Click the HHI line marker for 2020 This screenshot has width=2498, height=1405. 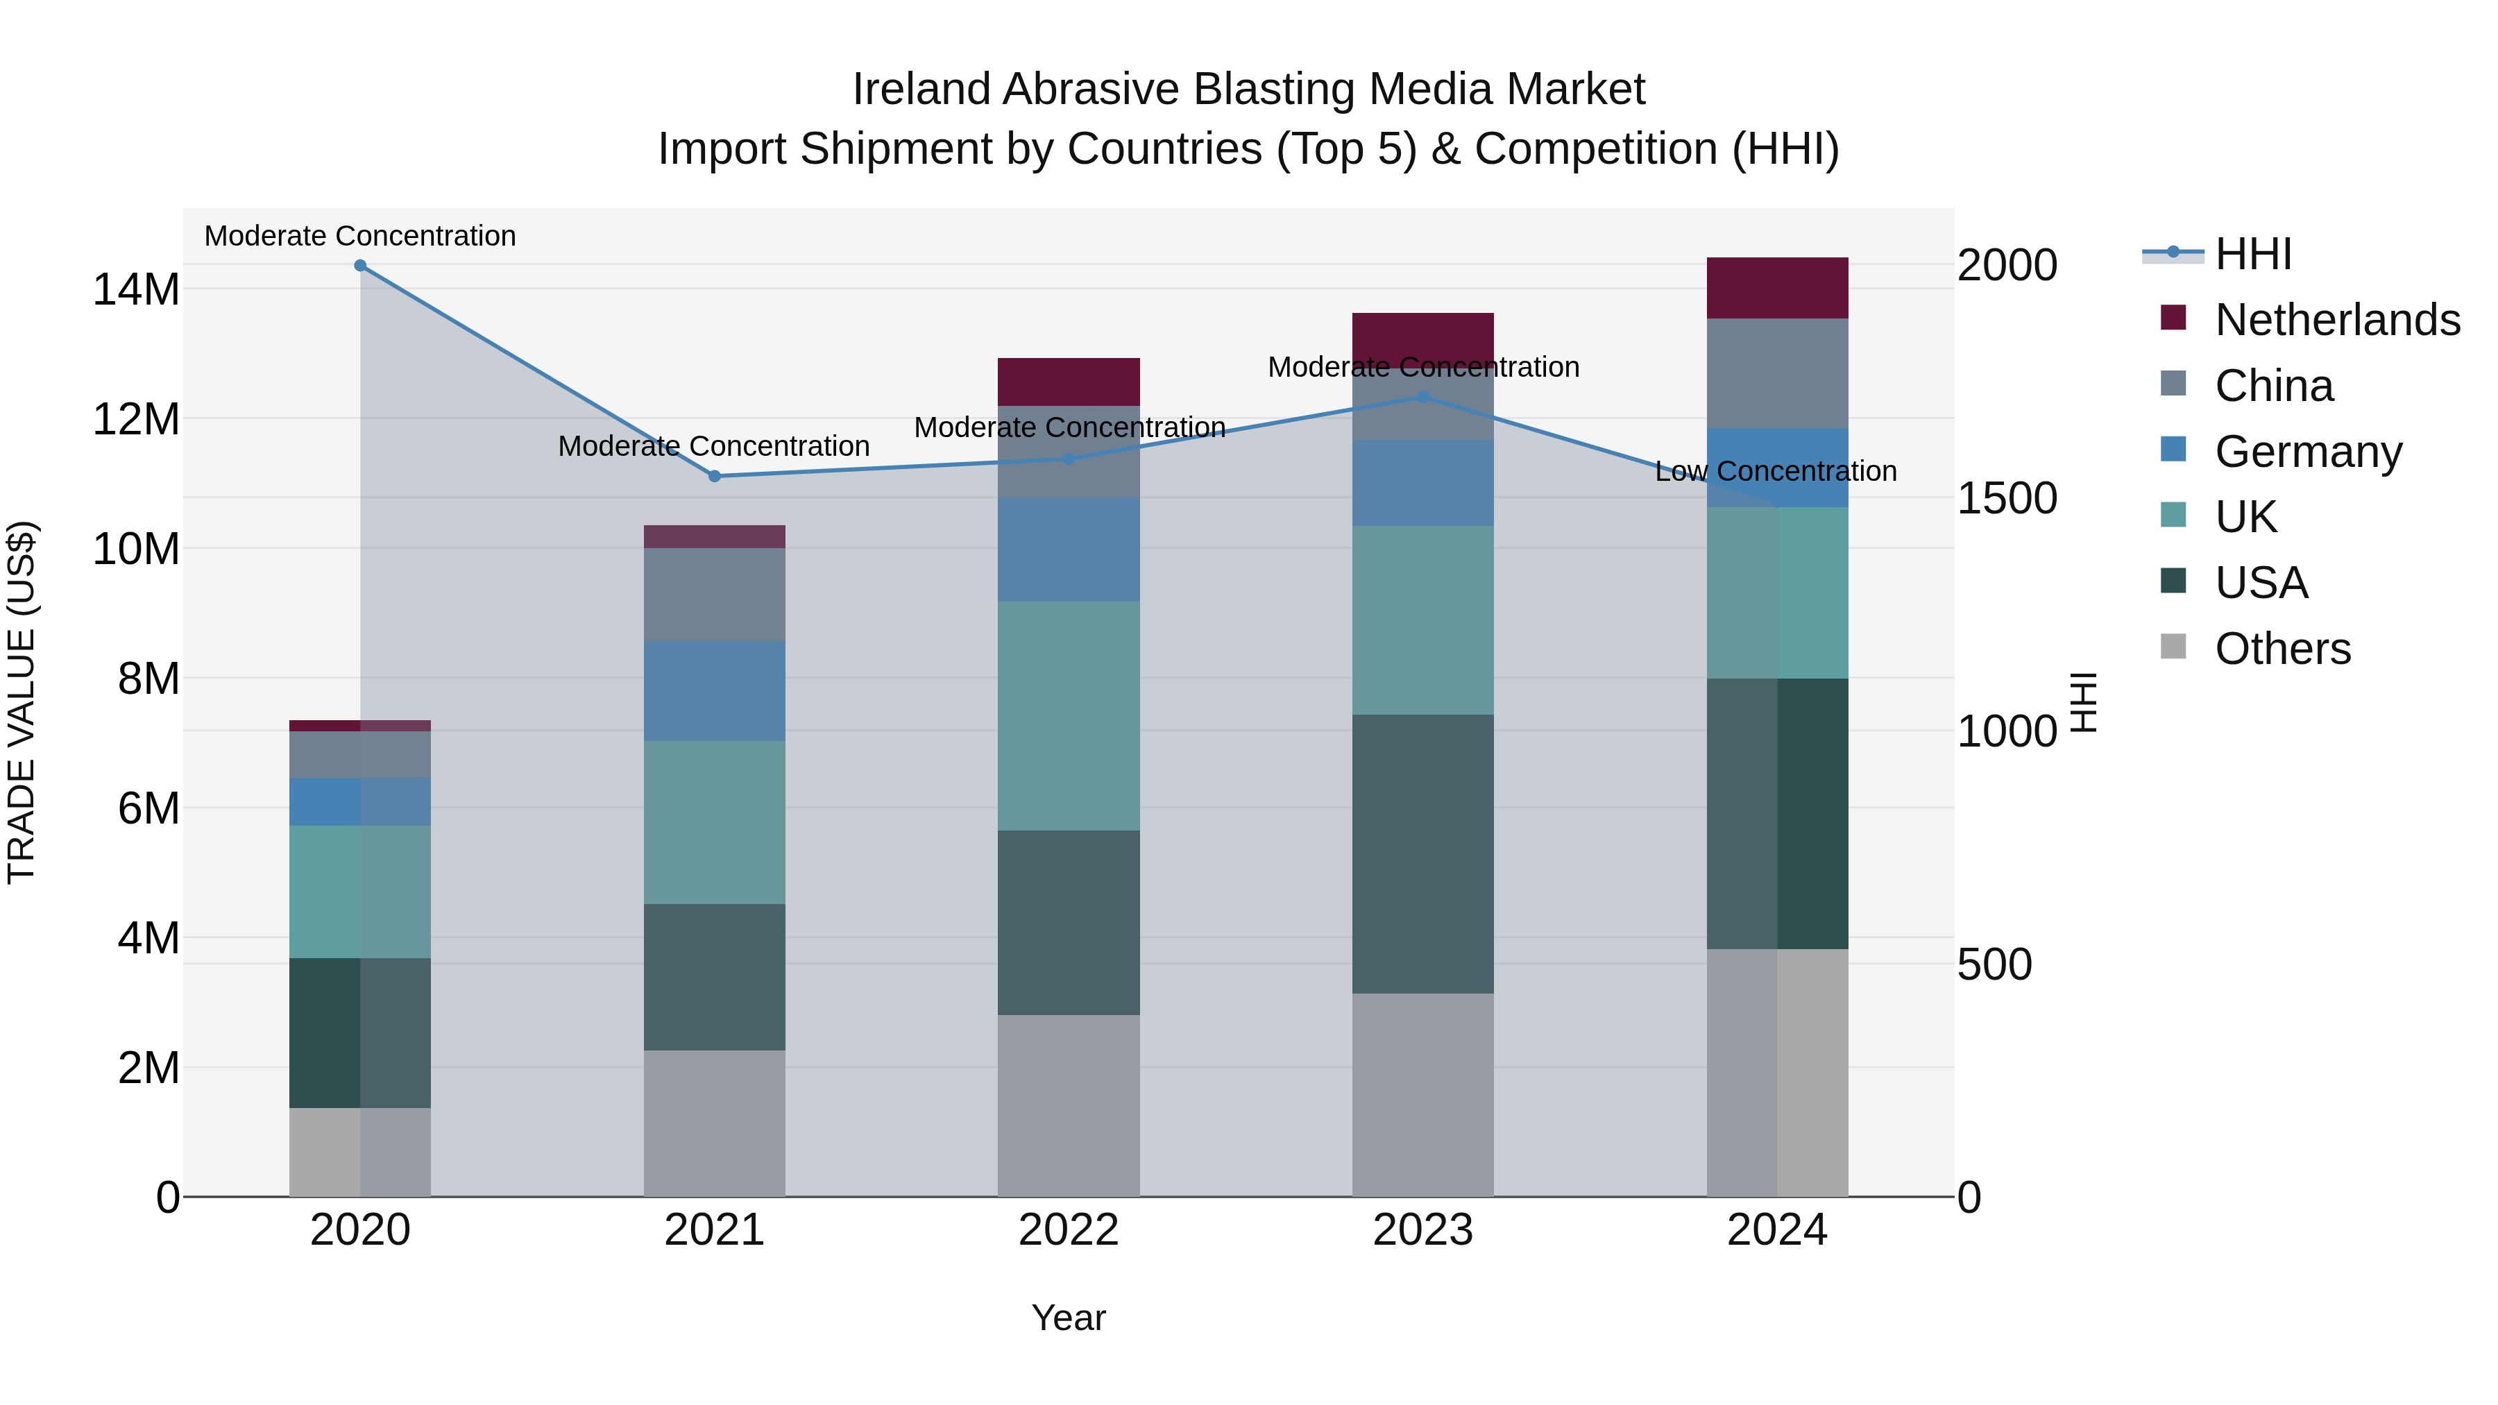pos(359,265)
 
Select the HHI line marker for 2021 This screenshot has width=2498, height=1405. pos(715,476)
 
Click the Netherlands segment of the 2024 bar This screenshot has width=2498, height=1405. pos(1778,288)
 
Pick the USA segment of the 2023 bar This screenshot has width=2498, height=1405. pos(1422,853)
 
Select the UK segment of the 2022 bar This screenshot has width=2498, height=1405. pos(1069,715)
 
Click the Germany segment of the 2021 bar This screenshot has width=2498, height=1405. pos(715,690)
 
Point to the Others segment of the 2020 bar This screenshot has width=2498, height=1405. pos(359,1152)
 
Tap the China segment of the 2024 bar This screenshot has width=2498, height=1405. pos(1778,373)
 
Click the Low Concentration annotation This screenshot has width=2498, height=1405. pos(1776,471)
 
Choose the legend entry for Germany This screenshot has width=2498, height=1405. pos(2308,452)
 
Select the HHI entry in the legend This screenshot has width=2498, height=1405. pos(2252,254)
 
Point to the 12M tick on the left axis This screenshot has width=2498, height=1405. pos(136,419)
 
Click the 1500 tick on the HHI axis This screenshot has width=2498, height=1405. pos(2006,498)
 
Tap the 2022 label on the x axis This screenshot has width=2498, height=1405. pos(1069,1230)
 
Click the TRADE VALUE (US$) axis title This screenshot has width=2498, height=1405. pos(22,702)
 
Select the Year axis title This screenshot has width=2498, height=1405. pos(1069,1318)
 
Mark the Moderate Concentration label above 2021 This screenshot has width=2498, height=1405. pos(714,446)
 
